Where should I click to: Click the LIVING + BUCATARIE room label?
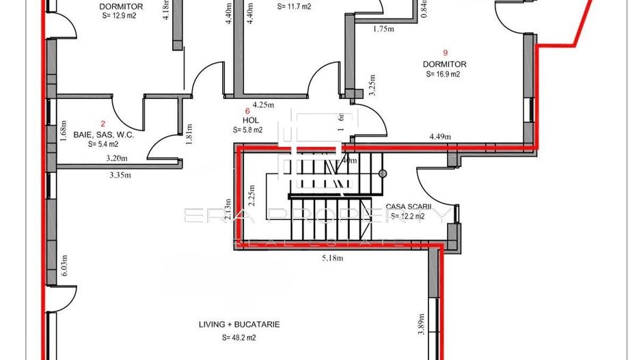[x=239, y=324]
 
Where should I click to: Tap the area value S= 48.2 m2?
[x=239, y=337]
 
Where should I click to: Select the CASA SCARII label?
[x=409, y=206]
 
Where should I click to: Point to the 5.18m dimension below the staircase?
[x=333, y=259]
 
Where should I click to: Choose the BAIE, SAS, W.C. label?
[x=103, y=135]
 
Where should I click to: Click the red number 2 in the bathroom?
[x=103, y=124]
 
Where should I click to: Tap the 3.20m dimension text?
[x=118, y=158]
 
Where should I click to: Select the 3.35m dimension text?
[x=121, y=174]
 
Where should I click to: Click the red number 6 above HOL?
[x=247, y=109]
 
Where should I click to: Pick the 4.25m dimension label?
[x=263, y=105]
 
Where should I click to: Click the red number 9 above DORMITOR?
[x=445, y=53]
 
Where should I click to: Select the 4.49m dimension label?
[x=441, y=137]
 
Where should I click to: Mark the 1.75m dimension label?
[x=385, y=29]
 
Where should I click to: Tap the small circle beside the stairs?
[x=383, y=174]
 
